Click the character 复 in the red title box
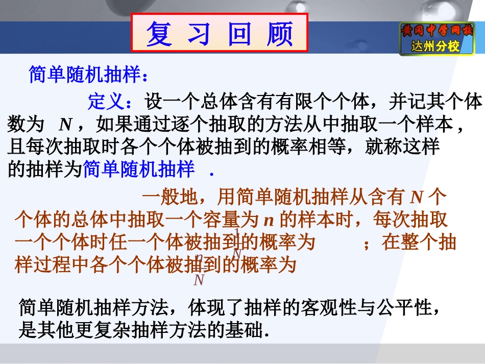click(x=159, y=34)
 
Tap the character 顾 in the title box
click(x=280, y=34)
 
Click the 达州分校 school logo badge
click(x=436, y=39)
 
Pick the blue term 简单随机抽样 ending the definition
click(x=138, y=169)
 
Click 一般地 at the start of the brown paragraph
click(x=168, y=197)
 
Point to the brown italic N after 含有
click(x=417, y=197)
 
